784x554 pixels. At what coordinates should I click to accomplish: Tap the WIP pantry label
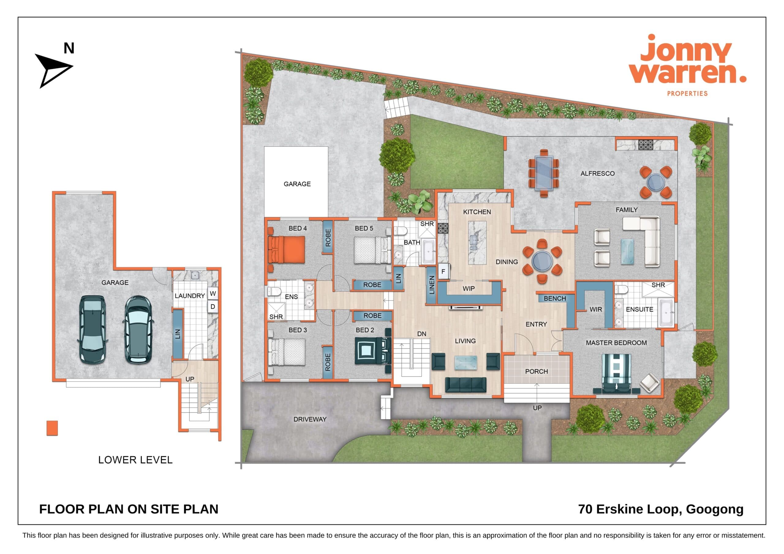[x=469, y=288]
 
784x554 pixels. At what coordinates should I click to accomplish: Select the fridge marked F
[x=443, y=272]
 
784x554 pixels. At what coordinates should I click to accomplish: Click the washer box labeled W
[x=213, y=293]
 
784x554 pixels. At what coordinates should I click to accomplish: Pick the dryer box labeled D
[x=213, y=306]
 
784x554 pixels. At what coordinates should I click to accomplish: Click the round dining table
[x=542, y=261]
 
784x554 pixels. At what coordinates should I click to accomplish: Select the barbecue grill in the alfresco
[x=646, y=145]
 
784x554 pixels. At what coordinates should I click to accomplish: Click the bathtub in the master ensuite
[x=666, y=313]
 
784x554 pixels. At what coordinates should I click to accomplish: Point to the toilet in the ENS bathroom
[x=274, y=291]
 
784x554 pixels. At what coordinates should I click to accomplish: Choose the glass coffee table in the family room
[x=627, y=252]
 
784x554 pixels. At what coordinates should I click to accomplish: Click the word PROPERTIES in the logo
[x=687, y=93]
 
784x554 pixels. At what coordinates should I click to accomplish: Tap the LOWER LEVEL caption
[x=135, y=460]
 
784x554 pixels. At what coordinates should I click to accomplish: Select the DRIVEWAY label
[x=310, y=419]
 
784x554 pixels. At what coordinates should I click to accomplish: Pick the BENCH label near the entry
[x=555, y=298]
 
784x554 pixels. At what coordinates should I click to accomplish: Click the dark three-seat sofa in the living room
[x=466, y=385]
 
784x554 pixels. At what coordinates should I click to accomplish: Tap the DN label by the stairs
[x=422, y=334]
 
